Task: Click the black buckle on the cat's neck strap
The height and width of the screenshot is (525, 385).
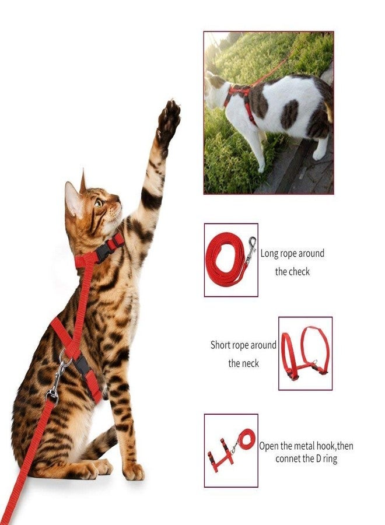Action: (106, 250)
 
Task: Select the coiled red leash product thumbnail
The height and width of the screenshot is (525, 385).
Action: (231, 260)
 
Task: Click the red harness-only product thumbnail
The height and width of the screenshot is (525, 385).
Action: (305, 353)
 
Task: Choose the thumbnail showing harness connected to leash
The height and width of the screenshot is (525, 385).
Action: (231, 450)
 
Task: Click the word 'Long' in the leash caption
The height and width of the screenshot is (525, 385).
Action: (269, 253)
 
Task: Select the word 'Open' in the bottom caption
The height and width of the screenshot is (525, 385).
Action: (269, 446)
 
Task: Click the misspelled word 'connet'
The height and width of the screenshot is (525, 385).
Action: (289, 459)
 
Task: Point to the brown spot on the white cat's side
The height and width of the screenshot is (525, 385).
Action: (289, 113)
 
